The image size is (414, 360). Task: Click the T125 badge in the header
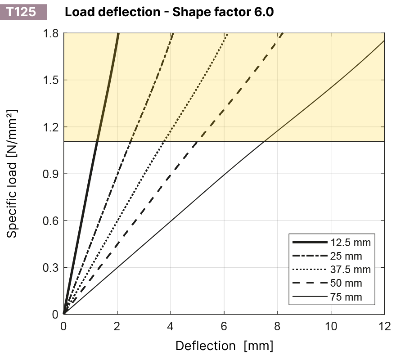[22, 11]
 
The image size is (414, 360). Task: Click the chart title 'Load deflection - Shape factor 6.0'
[169, 12]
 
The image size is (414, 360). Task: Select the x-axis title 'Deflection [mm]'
[224, 346]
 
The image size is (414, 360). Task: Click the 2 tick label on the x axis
[117, 326]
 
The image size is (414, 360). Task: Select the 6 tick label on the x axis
[224, 326]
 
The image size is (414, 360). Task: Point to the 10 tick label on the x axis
[331, 326]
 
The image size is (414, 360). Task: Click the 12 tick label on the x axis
[384, 326]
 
